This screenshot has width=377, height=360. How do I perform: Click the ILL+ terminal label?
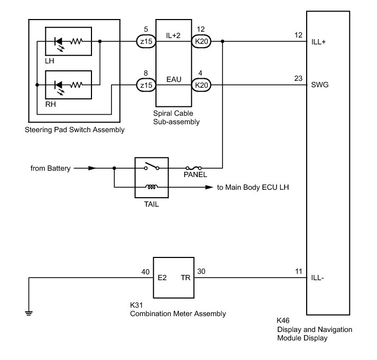[318, 42]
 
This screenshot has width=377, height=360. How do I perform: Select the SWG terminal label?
[319, 85]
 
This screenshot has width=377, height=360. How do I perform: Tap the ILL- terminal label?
[317, 278]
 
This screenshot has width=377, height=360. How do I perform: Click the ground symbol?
[29, 313]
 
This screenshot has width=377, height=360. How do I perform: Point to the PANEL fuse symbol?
[194, 168]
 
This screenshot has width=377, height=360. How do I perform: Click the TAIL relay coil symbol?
[151, 187]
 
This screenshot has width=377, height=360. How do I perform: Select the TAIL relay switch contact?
[151, 166]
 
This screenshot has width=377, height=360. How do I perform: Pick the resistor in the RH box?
[76, 85]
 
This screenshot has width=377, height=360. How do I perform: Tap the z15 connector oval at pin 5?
[146, 41]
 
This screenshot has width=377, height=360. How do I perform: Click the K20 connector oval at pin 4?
[201, 85]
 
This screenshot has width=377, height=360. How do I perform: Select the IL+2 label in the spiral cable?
[173, 35]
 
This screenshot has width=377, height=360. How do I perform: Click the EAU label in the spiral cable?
[173, 79]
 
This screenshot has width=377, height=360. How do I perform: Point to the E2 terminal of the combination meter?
[162, 278]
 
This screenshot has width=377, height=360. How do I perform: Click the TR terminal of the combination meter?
[186, 278]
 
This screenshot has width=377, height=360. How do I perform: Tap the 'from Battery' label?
[50, 168]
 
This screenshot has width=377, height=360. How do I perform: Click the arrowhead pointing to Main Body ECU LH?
[209, 187]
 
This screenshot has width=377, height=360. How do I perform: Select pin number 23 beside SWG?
[298, 78]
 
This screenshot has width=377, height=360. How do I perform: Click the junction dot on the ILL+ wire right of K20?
[223, 41]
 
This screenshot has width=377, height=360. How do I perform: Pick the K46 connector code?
[283, 320]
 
